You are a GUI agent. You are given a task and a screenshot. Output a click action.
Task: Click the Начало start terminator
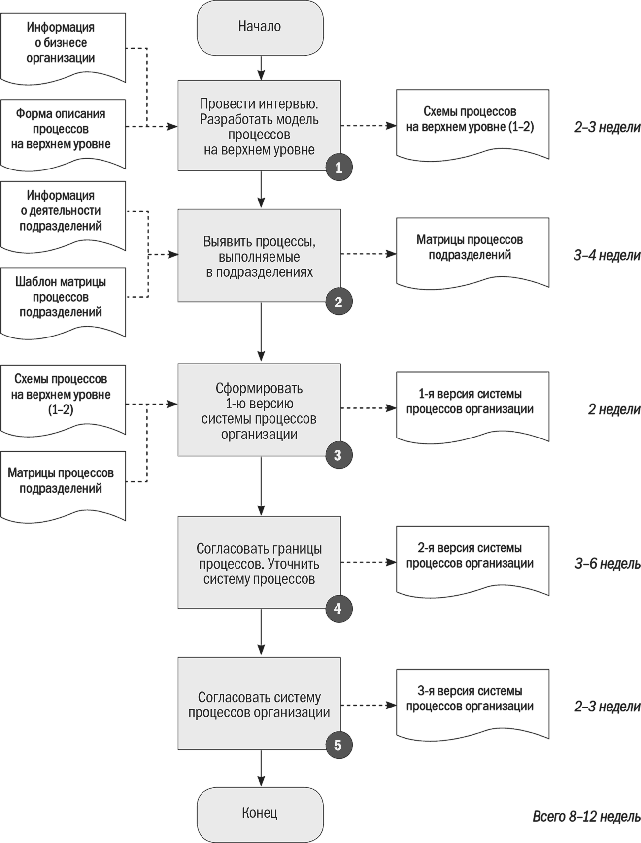[x=260, y=28]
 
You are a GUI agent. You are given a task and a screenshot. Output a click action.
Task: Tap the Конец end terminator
[x=260, y=814]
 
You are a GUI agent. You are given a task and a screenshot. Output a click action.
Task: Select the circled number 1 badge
[x=338, y=168]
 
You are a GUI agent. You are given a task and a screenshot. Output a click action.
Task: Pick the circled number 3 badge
[x=338, y=455]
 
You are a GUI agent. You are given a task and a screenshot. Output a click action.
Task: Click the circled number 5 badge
[x=338, y=744]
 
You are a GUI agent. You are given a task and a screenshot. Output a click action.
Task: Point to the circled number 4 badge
[x=338, y=608]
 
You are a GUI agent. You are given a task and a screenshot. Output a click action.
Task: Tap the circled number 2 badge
[x=338, y=302]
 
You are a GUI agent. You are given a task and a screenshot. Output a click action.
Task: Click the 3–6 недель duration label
[x=607, y=564]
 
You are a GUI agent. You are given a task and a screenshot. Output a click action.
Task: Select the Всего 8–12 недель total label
[x=586, y=816]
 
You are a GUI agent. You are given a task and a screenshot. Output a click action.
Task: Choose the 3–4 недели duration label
[x=607, y=255]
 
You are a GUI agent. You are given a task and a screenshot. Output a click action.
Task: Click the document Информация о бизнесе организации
[x=63, y=48]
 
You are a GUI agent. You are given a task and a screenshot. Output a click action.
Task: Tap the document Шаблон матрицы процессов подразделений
[x=63, y=303]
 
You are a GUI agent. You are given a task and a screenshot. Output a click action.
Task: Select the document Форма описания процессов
[x=63, y=135]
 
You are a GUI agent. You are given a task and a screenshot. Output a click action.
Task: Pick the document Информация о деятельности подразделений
[x=63, y=216]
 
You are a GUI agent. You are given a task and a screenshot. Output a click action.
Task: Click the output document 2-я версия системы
[x=472, y=561]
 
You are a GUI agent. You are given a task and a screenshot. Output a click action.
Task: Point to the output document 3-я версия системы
[x=472, y=704]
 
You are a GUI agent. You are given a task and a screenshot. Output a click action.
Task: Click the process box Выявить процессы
[x=259, y=255]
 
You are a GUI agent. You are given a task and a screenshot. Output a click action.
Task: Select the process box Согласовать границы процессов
[x=259, y=563]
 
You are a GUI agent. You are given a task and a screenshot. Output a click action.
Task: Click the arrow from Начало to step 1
[x=261, y=67]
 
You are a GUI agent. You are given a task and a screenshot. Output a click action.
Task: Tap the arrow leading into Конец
[x=261, y=769]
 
